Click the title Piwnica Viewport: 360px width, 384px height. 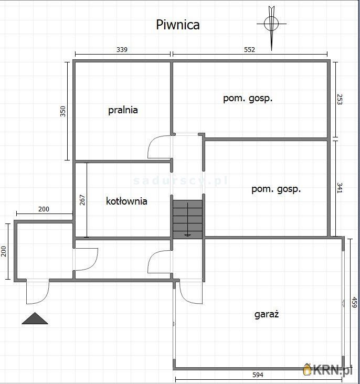click(x=178, y=25)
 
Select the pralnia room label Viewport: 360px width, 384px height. click(x=123, y=110)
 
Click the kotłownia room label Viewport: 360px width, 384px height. click(x=126, y=201)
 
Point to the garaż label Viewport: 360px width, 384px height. click(x=267, y=314)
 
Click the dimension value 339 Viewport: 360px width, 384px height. click(x=122, y=50)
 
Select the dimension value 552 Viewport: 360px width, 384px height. click(x=249, y=50)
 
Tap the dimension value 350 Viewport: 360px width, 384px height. click(x=63, y=111)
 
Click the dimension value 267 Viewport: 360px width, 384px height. click(x=82, y=200)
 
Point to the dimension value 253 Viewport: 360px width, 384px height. click(x=340, y=100)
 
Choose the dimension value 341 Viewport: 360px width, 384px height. click(x=340, y=188)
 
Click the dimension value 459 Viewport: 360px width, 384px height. click(x=354, y=302)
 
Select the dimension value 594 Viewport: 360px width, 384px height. click(x=258, y=375)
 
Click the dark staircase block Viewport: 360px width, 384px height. click(x=187, y=219)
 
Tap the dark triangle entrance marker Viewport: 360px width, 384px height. click(x=35, y=318)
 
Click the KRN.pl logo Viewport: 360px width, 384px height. click(x=327, y=370)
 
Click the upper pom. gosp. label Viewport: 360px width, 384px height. click(x=248, y=99)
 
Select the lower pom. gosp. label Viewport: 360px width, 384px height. click(x=276, y=189)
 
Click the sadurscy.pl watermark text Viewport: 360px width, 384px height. click(x=181, y=181)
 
